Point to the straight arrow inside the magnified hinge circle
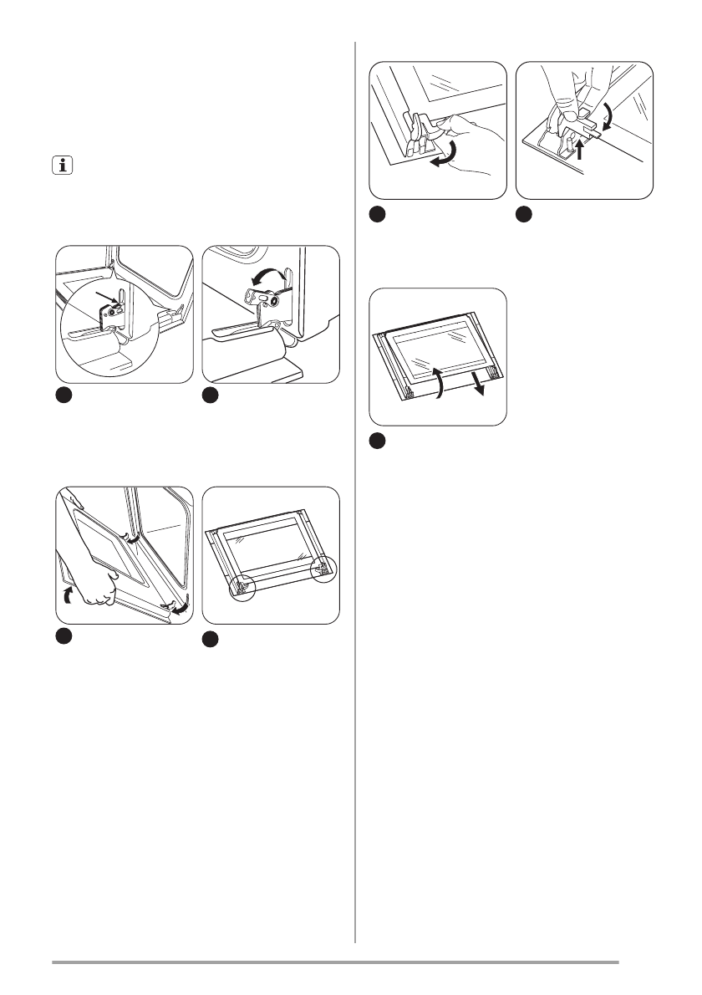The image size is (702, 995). [x=109, y=297]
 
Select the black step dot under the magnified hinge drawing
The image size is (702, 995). [x=65, y=395]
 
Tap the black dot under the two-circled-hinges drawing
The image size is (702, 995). [x=212, y=640]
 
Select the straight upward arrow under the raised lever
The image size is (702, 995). [x=579, y=151]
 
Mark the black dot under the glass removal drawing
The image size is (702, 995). [x=379, y=441]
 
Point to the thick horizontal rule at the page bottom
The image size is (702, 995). [x=335, y=962]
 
